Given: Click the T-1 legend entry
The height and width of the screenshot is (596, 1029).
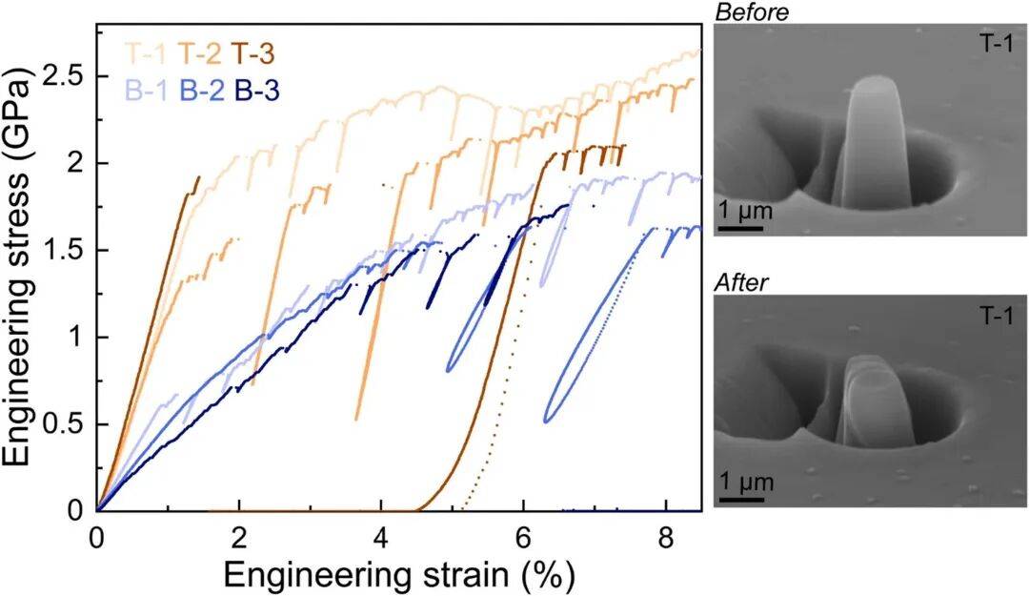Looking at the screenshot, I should tap(144, 53).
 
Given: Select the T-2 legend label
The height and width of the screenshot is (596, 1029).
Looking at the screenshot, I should tap(198, 53).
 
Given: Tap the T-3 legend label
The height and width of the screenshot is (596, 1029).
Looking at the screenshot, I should tap(254, 53).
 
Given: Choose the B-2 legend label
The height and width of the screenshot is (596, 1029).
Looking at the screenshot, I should tap(201, 92).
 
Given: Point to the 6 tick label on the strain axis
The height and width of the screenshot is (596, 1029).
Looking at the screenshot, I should tap(523, 535).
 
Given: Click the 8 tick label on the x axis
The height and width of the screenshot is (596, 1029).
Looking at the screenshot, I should tap(665, 535).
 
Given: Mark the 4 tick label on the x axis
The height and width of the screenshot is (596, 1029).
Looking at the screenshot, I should tap(381, 535).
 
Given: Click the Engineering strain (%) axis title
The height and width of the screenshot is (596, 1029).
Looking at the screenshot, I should tap(398, 574).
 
